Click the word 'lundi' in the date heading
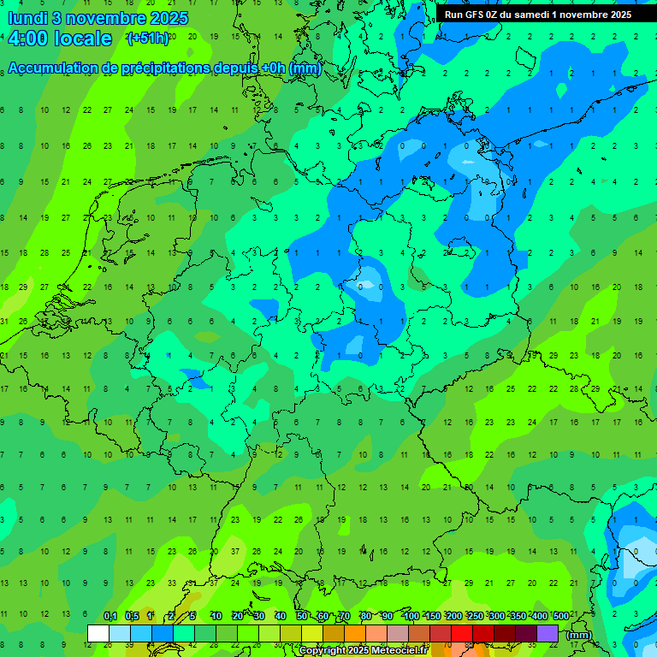point(27,17)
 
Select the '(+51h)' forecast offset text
point(147,38)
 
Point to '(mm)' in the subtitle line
point(305,68)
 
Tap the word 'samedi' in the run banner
point(537,15)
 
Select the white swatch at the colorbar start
point(98,634)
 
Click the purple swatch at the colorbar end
point(547,634)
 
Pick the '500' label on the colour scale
point(560,616)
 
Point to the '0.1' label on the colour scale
point(110,616)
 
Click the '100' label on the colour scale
point(411,616)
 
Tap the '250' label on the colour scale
point(475,616)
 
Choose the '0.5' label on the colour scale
point(132,616)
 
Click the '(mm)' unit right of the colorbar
point(579,635)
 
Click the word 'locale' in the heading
point(82,39)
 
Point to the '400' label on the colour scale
point(539,616)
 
